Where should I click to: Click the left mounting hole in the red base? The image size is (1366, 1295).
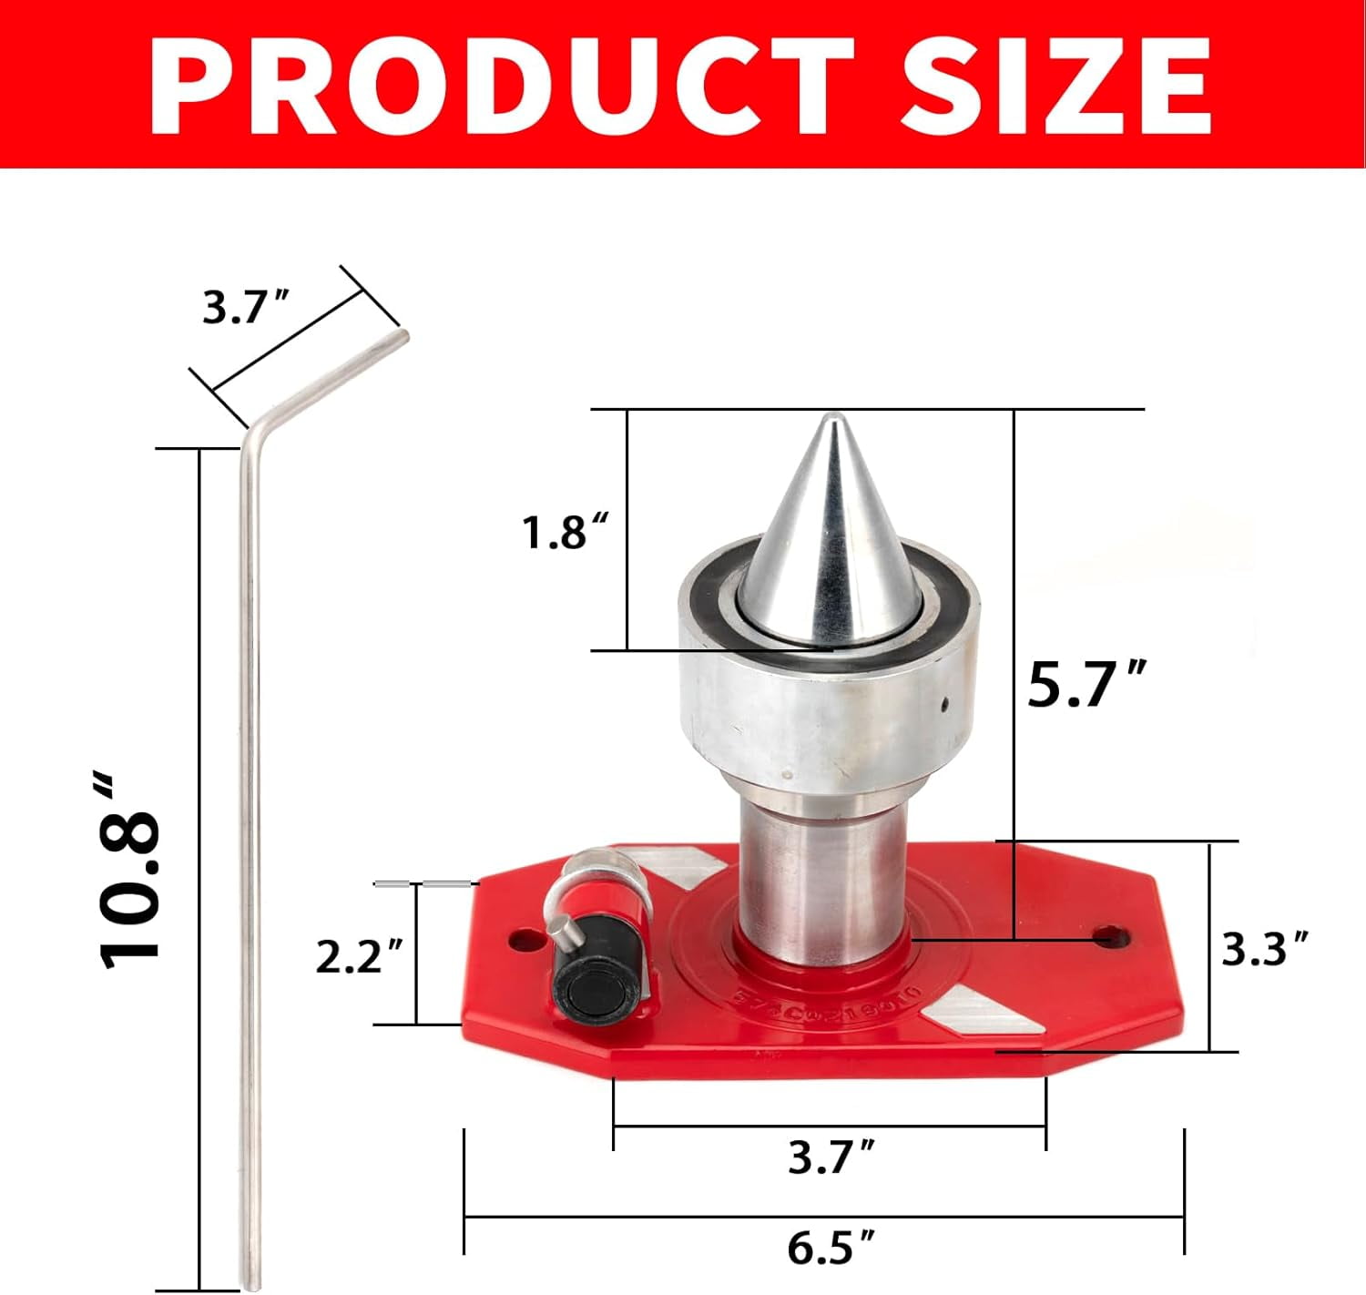(x=523, y=939)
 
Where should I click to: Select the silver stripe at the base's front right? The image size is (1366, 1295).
(x=979, y=1014)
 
